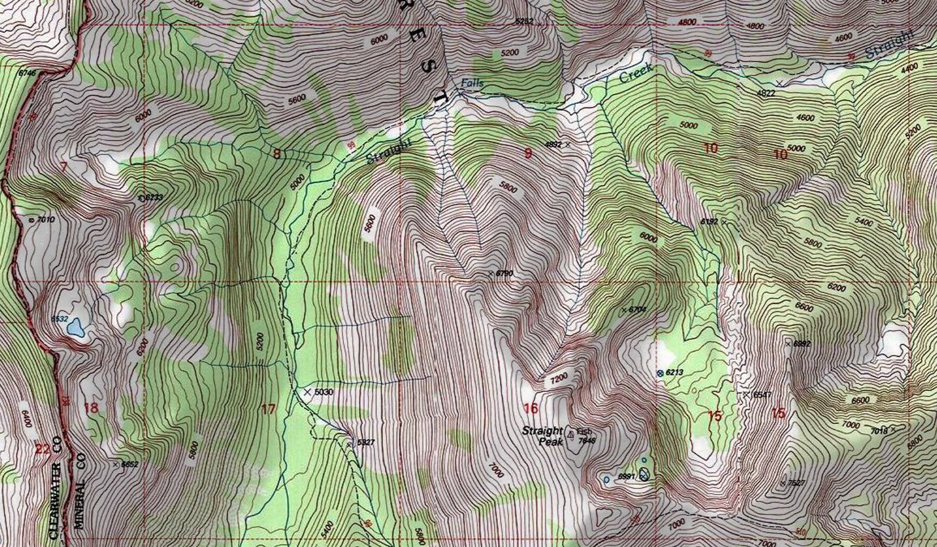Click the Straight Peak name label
[x=542, y=436]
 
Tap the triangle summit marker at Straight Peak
[x=571, y=433]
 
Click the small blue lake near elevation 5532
[x=77, y=328]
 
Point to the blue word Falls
[x=472, y=83]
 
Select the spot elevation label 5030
[x=323, y=392]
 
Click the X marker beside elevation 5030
[x=307, y=391]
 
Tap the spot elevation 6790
[x=504, y=273]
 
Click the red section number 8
[x=277, y=154]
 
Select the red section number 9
[x=528, y=153]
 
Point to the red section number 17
[x=268, y=409]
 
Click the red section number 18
[x=91, y=407]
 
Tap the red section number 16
[x=530, y=408]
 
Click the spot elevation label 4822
[x=766, y=93]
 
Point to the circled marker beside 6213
[x=660, y=373]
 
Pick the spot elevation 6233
[x=154, y=197]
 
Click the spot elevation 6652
[x=130, y=464]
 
